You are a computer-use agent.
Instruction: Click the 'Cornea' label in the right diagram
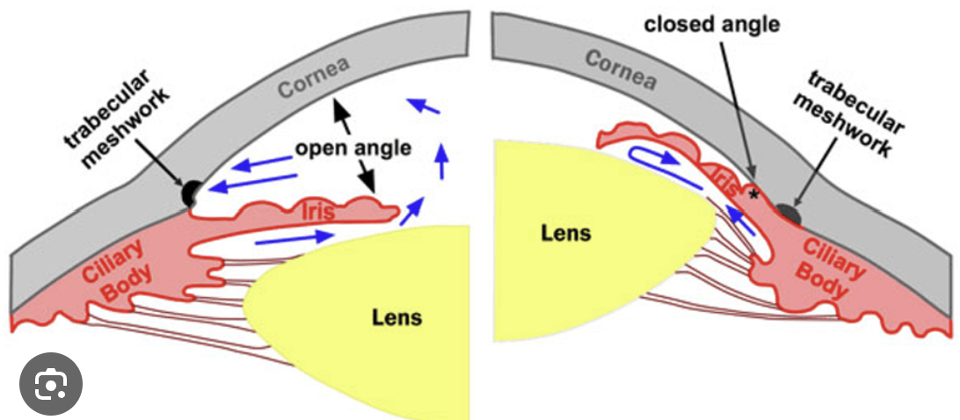pos(621,70)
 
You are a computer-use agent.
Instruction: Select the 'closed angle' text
pos(712,24)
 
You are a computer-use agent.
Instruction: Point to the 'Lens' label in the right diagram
pos(565,233)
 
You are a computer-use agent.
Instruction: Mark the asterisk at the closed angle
pos(753,193)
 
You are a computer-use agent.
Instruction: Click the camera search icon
pos(50,384)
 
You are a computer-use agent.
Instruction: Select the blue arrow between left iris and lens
pos(295,237)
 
